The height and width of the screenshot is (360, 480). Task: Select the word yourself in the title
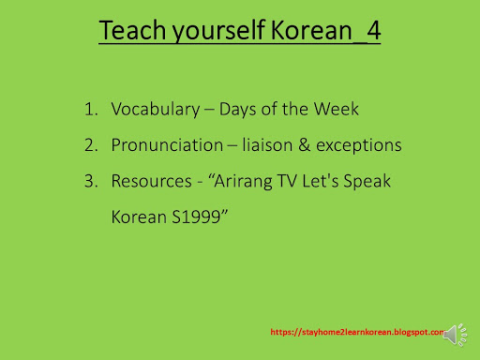pyautogui.click(x=209, y=32)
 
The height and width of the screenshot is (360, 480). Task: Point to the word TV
pyautogui.click(x=290, y=181)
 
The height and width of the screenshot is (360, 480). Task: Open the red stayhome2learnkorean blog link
pyautogui.click(x=355, y=332)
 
